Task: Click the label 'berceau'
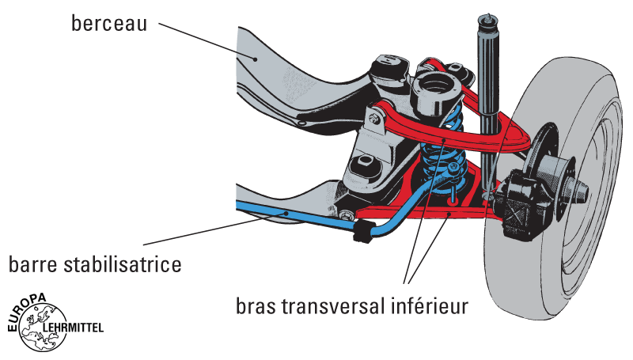[x=109, y=23]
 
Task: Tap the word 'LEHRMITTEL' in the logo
[x=73, y=326]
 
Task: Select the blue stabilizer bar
[x=301, y=217]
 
